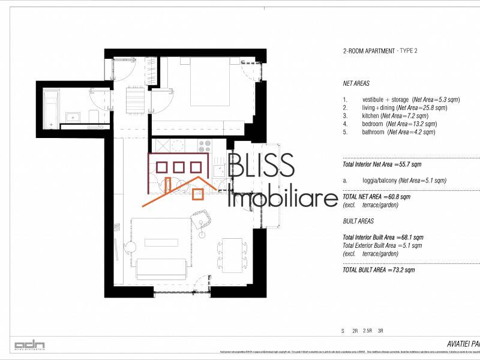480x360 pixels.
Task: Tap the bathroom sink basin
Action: pos(74,117)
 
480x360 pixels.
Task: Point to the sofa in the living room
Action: pos(160,268)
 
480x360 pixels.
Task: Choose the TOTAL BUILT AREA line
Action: pos(379,270)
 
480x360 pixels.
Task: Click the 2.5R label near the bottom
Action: pos(368,331)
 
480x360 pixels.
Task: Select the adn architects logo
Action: pos(29,345)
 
